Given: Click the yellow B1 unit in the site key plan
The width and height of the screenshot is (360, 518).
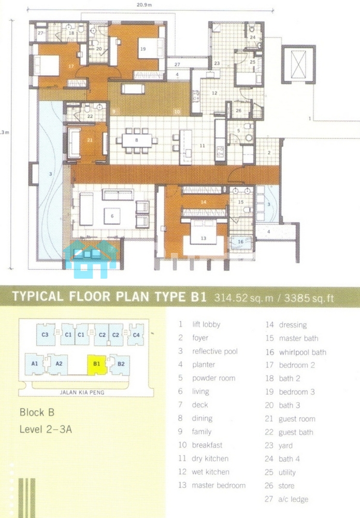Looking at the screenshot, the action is (x=96, y=364).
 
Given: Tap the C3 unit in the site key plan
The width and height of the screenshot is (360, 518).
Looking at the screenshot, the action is (x=45, y=335).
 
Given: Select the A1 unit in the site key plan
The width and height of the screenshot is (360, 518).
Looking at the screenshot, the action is (x=34, y=364).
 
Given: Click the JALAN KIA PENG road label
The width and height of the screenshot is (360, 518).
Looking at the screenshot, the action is (x=82, y=393).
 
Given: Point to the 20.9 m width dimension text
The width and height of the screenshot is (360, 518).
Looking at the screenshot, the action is (x=145, y=5).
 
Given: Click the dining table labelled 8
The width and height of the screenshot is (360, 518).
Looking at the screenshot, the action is (x=137, y=140).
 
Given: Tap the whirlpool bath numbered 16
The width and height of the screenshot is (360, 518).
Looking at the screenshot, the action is (x=241, y=242).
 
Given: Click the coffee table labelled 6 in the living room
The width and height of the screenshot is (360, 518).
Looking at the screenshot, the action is (x=112, y=215).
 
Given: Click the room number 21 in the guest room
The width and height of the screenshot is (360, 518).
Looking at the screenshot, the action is (x=90, y=140).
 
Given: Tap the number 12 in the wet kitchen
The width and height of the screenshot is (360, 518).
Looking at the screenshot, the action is (x=214, y=93).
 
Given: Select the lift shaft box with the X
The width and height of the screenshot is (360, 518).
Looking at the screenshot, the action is (x=298, y=64).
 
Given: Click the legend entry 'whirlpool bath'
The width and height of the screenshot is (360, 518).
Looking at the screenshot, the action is (x=303, y=352).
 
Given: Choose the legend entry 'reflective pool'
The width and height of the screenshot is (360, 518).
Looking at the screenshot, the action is (x=214, y=351).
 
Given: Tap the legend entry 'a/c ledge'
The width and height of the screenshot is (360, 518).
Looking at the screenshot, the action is (x=293, y=499).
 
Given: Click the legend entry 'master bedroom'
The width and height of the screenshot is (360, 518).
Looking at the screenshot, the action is (x=219, y=485).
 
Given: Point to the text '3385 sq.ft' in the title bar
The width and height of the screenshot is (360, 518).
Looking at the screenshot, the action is (x=309, y=298).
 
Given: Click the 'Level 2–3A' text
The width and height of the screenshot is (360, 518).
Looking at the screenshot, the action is (x=46, y=429).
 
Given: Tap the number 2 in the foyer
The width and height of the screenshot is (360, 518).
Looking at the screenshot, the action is (x=269, y=153).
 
